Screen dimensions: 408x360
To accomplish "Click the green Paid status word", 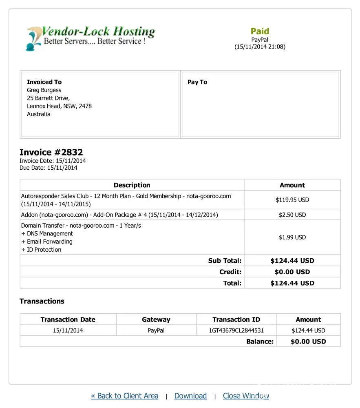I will [260, 31].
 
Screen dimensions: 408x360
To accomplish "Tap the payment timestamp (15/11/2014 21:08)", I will [260, 47].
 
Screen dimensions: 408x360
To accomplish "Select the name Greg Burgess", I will [44, 90].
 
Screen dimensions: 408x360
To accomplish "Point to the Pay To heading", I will [197, 82].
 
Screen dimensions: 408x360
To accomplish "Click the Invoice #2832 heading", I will [51, 152].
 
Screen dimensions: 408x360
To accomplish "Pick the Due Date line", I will [48, 168].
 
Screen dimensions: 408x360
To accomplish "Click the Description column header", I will [132, 185].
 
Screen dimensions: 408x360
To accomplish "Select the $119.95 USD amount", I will [292, 200].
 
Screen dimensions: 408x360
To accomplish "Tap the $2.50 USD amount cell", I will [292, 215].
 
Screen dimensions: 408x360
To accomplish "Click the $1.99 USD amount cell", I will [292, 237].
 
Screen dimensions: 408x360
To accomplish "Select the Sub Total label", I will [225, 261].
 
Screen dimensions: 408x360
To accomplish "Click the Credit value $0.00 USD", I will [292, 272].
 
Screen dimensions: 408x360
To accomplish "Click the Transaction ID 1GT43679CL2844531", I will [236, 330].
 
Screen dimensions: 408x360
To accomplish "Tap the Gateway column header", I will [156, 320].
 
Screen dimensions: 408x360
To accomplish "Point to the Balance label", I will [260, 341].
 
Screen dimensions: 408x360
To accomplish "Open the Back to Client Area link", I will [124, 396].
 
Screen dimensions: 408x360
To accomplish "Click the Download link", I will [190, 396].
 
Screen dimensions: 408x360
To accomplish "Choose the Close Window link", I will [246, 396].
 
